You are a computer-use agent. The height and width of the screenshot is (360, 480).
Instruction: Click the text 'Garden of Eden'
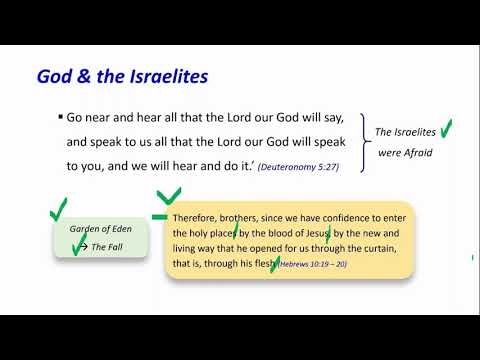tap(101, 229)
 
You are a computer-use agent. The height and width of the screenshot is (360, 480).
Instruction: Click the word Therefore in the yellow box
tap(195, 218)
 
